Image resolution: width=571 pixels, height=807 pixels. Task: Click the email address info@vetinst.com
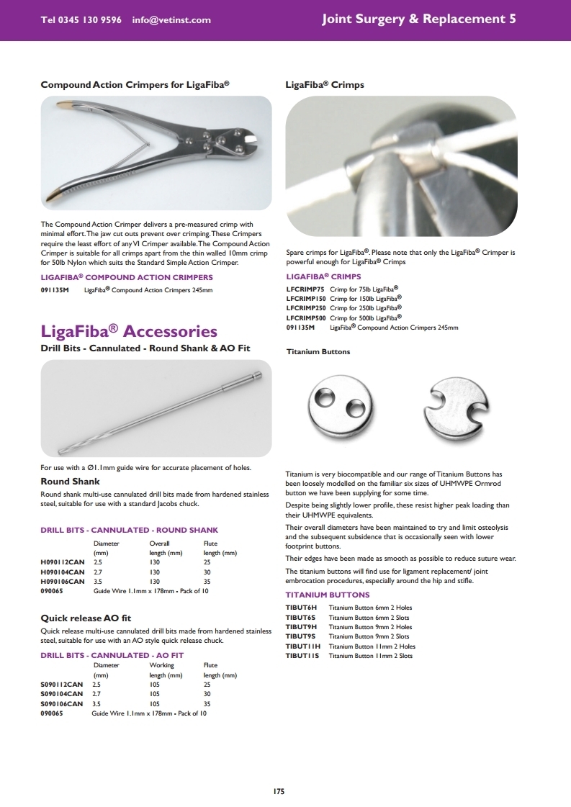pos(171,20)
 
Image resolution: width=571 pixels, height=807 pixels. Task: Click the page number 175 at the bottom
pos(279,791)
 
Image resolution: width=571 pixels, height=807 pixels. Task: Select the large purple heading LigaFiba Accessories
pos(129,331)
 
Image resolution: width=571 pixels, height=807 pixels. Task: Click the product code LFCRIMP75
pos(306,288)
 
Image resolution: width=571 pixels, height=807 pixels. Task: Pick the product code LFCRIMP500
pos(306,317)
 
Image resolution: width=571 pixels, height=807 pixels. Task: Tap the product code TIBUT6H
pos(301,608)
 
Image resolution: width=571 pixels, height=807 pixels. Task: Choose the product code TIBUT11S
pos(302,656)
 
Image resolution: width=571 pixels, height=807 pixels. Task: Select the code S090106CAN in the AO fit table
pos(63,703)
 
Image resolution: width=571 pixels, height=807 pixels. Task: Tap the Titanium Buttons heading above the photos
pos(318,352)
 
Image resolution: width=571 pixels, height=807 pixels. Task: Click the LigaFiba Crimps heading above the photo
pos(325,85)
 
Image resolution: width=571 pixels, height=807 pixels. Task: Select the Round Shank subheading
pos(70,481)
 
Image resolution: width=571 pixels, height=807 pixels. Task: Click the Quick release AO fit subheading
pos(86,618)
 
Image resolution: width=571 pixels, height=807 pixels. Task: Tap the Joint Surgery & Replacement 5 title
pos(418,19)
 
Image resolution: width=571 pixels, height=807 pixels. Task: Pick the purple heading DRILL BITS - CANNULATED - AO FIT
pos(112,655)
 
